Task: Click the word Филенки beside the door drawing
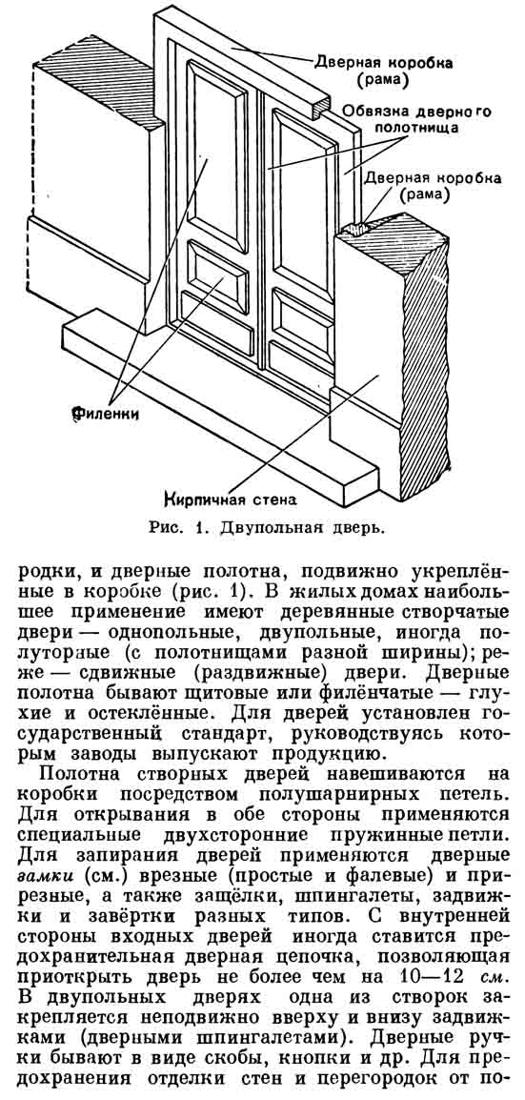point(105,415)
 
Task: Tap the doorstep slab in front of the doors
point(217,421)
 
